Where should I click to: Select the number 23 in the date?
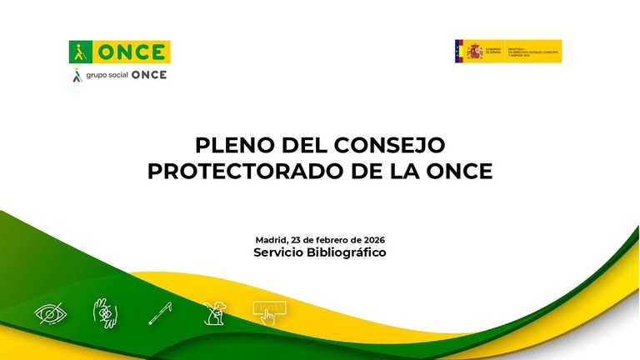click(301, 240)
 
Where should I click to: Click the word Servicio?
click(281, 252)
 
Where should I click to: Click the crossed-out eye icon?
click(52, 314)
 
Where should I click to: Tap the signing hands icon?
click(104, 313)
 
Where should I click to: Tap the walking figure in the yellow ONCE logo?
click(82, 52)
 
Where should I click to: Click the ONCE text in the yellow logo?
click(132, 52)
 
